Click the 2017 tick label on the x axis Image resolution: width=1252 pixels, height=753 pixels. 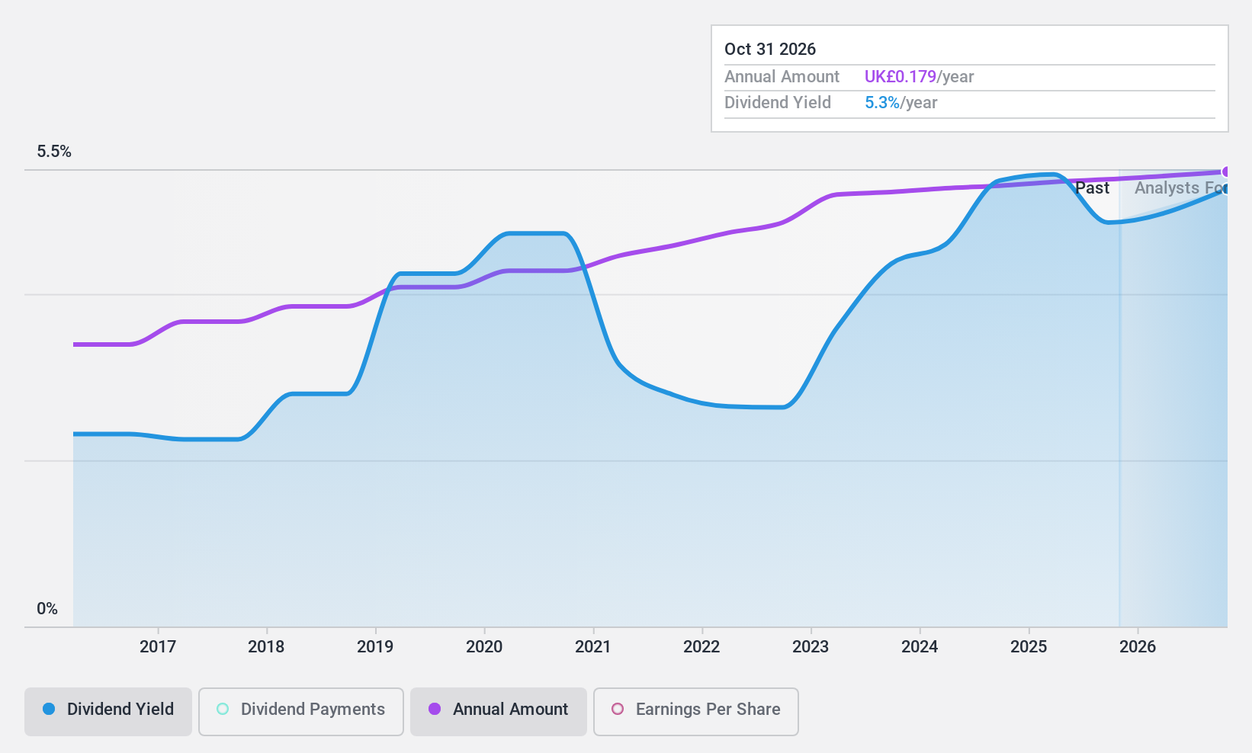(158, 647)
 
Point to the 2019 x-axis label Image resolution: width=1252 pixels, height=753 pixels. (375, 647)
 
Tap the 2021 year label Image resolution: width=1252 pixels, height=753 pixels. (592, 647)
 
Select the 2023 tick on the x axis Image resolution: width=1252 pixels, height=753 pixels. (811, 647)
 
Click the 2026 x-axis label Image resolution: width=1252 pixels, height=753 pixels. (1137, 647)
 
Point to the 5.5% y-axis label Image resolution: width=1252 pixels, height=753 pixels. (54, 152)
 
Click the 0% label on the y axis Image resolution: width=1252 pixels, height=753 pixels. (47, 609)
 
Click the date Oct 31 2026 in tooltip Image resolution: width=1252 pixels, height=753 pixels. (770, 50)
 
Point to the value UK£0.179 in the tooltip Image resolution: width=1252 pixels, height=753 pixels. (900, 77)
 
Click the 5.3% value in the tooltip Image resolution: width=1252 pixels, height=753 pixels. (882, 103)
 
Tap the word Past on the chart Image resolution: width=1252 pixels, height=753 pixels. (1092, 188)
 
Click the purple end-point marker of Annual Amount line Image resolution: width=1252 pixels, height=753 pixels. (1226, 172)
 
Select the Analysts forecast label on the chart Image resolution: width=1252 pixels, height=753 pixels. (1179, 188)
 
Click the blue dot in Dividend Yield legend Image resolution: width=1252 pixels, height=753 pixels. (49, 710)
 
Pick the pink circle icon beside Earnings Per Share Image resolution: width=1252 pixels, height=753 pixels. (618, 710)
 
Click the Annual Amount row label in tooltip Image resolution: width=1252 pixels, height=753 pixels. (782, 77)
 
